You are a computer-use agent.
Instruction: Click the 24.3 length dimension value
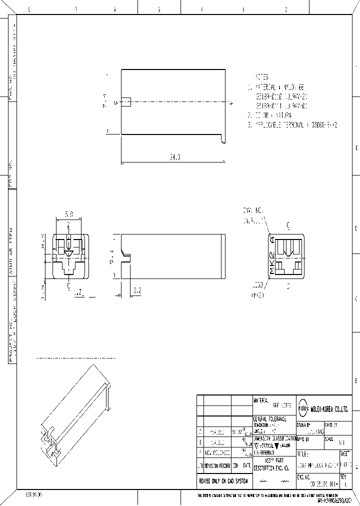pyautogui.click(x=174, y=157)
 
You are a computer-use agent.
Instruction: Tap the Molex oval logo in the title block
pyautogui.click(x=303, y=408)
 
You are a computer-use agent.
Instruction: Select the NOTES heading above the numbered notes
pyautogui.click(x=262, y=77)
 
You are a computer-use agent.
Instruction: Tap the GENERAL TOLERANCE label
pyautogui.click(x=270, y=418)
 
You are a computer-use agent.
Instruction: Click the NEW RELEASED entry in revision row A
pyautogui.click(x=217, y=453)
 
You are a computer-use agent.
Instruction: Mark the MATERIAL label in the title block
pyautogui.click(x=261, y=400)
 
